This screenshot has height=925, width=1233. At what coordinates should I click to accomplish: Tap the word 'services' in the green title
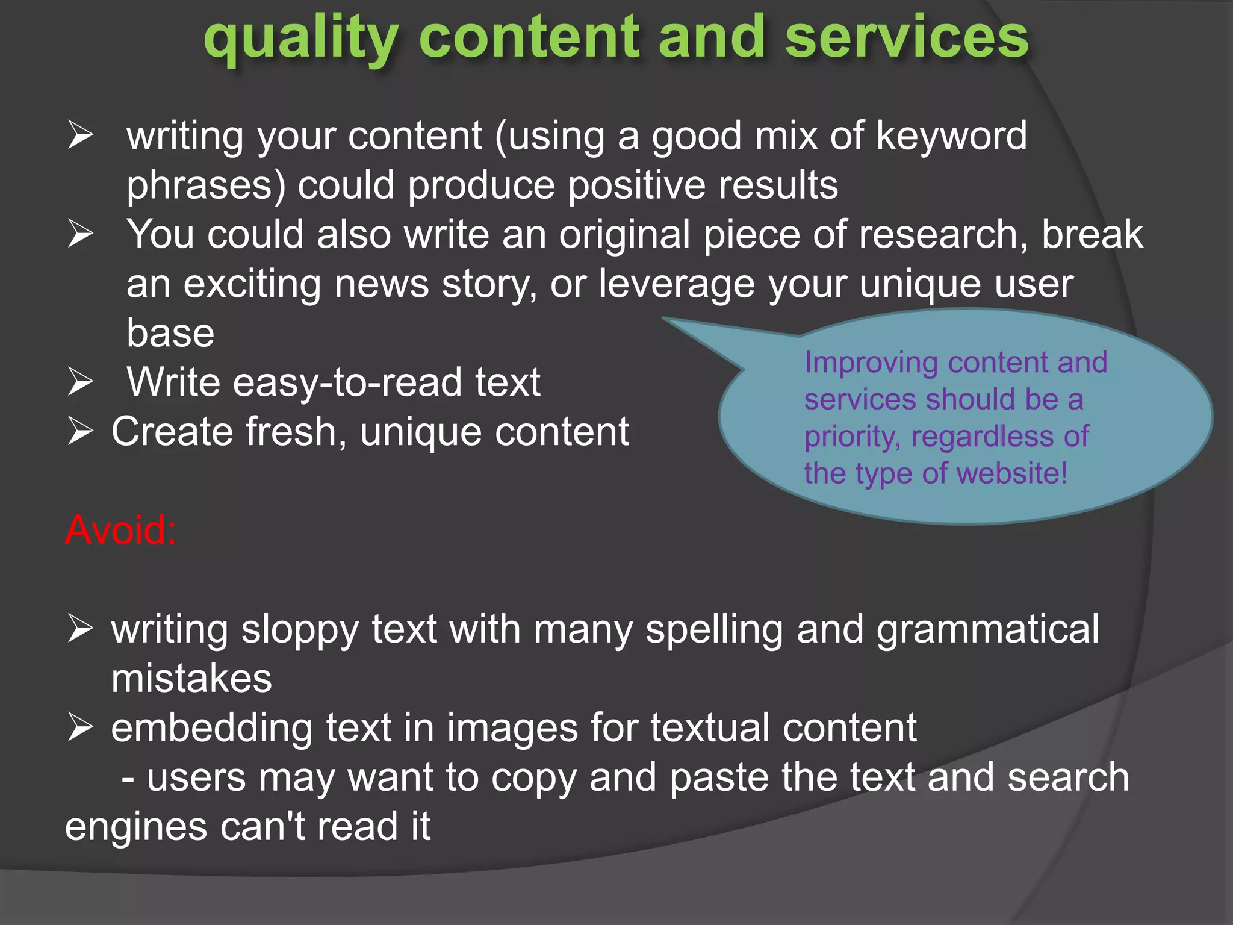906,37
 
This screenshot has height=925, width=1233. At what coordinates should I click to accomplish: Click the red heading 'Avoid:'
120,530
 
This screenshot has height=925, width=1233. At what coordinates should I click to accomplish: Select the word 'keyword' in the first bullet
951,135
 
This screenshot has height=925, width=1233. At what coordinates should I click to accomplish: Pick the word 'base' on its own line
170,333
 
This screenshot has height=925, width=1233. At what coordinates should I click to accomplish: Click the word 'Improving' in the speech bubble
871,363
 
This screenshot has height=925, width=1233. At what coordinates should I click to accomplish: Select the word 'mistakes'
191,679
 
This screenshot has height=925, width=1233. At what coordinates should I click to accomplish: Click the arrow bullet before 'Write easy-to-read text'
80,382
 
